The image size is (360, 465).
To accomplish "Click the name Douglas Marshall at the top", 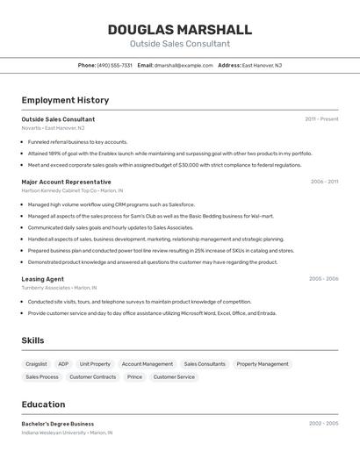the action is [x=179, y=30].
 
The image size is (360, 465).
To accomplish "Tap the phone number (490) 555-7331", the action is [x=115, y=65].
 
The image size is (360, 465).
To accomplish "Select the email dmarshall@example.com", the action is [x=184, y=65].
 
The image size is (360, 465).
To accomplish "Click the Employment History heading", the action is [x=65, y=101].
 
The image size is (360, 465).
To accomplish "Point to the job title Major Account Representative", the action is [x=66, y=182].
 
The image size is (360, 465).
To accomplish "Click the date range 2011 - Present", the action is [x=321, y=119].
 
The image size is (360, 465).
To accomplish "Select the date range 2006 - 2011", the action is [x=324, y=182].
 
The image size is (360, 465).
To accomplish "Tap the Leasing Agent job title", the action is [x=42, y=279].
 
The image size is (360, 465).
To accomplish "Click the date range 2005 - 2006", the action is [x=323, y=279].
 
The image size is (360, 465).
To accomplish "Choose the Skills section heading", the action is [x=32, y=340].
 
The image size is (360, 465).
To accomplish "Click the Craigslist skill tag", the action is [x=36, y=364].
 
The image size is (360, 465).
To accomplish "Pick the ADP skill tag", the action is [x=63, y=364].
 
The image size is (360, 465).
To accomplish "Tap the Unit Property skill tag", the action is [x=95, y=364].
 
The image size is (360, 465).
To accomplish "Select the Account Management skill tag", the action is [x=147, y=364].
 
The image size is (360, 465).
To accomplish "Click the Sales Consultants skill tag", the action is [x=205, y=364].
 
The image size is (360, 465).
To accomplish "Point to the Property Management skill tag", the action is [x=263, y=364].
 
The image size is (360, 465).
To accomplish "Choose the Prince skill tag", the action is [x=134, y=377].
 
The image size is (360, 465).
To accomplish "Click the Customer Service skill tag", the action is [x=174, y=377].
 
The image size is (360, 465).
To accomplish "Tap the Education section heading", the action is [x=43, y=404].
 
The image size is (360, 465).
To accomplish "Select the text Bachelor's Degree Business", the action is [x=57, y=424].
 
